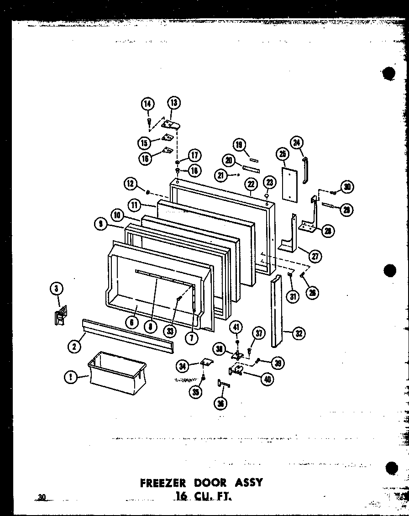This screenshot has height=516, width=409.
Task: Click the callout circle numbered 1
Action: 70,377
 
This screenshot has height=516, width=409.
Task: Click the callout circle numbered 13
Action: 173,103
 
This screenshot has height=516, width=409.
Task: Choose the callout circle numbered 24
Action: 297,144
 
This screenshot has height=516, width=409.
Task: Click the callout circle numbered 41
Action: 236,327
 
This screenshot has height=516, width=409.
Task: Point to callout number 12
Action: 131,184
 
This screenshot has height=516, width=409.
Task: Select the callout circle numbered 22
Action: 251,184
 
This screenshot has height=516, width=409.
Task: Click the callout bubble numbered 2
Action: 73,347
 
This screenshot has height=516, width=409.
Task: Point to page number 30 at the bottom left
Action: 42,497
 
